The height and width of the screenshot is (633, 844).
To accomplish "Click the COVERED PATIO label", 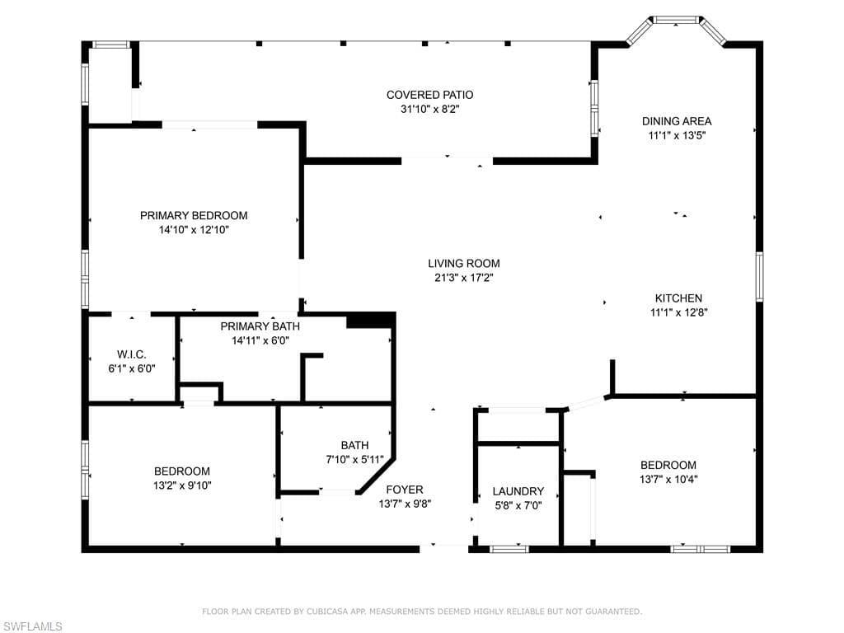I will tap(430, 95).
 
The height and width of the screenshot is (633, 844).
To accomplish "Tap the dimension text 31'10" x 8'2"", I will tap(430, 109).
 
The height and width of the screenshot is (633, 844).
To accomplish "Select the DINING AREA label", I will tap(677, 121).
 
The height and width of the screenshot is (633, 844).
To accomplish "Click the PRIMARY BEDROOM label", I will tap(194, 215).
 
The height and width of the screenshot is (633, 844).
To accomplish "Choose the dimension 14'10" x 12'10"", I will tap(194, 230).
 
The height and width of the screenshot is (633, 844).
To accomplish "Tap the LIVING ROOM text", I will tap(463, 264).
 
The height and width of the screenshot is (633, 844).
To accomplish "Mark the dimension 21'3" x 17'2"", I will tap(463, 278).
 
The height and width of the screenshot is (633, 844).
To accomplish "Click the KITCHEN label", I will tap(678, 298).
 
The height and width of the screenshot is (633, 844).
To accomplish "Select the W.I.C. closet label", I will tap(131, 354).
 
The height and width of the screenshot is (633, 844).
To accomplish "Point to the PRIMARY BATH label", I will tap(255, 326).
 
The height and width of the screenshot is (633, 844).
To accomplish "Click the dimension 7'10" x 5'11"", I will tap(354, 459).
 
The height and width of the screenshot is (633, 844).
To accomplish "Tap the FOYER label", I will tap(405, 489).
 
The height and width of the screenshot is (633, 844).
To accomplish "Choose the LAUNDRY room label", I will tap(518, 491).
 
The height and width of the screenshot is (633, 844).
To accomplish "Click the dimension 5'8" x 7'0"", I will tap(518, 505).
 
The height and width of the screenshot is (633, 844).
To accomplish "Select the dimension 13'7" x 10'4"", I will tap(668, 479).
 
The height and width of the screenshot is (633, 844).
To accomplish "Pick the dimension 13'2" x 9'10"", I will tap(182, 485).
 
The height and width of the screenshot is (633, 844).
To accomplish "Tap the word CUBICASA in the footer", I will tap(329, 612).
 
